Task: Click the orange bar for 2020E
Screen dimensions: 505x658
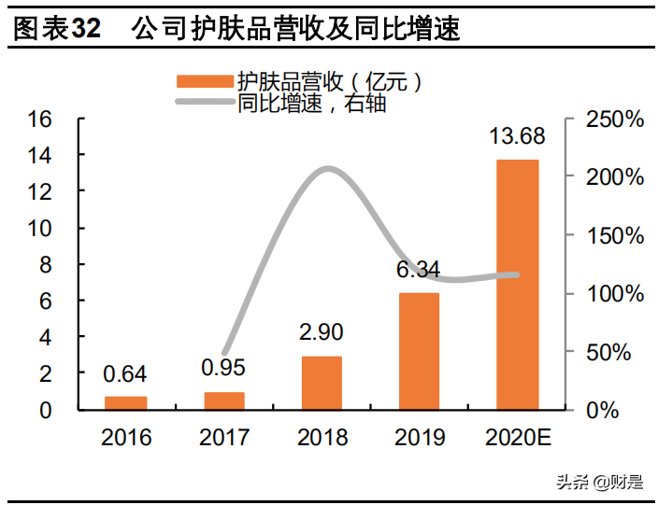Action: [517, 284]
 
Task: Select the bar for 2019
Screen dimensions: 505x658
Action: [419, 351]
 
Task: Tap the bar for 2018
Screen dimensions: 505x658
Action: [321, 383]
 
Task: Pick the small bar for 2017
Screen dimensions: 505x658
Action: [224, 400]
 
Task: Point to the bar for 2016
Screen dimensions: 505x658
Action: [125, 402]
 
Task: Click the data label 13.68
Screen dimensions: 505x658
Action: [517, 137]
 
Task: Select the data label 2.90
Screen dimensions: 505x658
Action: [321, 333]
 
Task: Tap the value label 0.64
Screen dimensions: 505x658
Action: [125, 374]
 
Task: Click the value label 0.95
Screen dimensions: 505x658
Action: [224, 368]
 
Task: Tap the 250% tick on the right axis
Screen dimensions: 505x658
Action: [614, 119]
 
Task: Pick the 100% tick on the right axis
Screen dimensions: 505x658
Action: [614, 293]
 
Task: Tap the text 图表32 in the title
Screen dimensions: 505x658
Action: [57, 30]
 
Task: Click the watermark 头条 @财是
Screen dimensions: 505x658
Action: [599, 482]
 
